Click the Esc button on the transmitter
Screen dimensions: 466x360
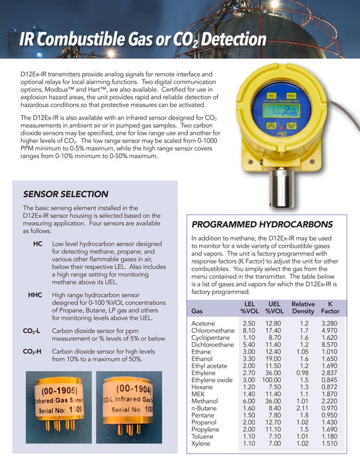(272, 95)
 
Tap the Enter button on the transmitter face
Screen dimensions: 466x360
(291, 95)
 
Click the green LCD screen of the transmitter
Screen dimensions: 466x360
(282, 111)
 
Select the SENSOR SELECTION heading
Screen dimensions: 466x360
(65, 194)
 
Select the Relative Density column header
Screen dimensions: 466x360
(303, 307)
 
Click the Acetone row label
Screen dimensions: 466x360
(204, 323)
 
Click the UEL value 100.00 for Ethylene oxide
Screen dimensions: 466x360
(275, 380)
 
